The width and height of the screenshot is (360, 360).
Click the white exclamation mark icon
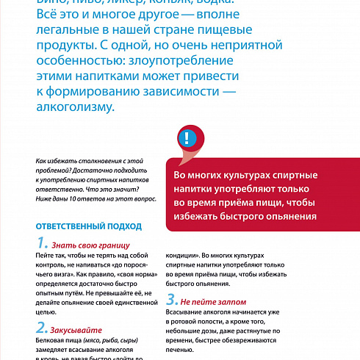coord(189,138)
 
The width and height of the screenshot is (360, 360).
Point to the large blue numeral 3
coord(171,300)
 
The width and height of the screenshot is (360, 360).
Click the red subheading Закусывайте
coord(77,330)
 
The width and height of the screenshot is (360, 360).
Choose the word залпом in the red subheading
coord(248,302)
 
